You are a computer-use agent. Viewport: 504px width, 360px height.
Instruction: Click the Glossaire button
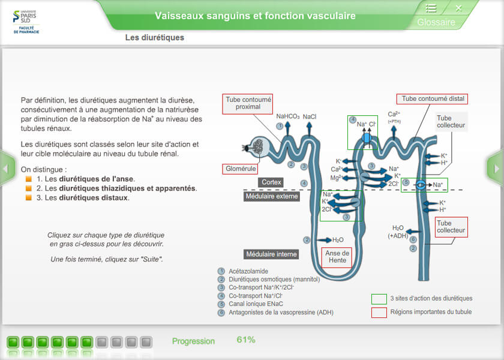pyautogui.click(x=436, y=22)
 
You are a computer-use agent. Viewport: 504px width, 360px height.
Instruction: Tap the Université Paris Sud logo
pyautogui.click(x=26, y=22)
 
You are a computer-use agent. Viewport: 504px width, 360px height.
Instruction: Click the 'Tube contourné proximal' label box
pyautogui.click(x=248, y=104)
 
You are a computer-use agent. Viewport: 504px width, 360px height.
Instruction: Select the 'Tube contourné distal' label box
pyautogui.click(x=433, y=99)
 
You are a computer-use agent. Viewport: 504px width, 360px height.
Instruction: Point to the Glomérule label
pyautogui.click(x=240, y=169)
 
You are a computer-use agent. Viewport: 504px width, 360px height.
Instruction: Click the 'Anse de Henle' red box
pyautogui.click(x=337, y=257)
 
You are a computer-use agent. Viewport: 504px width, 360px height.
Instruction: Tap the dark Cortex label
pyautogui.click(x=271, y=182)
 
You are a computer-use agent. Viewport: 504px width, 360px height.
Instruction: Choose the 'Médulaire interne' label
pyautogui.click(x=271, y=254)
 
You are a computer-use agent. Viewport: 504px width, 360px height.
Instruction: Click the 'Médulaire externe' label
pyautogui.click(x=272, y=196)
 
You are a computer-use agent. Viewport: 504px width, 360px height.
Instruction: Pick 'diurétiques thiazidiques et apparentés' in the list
pyautogui.click(x=127, y=188)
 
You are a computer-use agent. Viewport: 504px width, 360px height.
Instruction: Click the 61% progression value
pyautogui.click(x=246, y=340)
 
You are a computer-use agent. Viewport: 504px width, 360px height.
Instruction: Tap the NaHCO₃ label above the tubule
pyautogui.click(x=287, y=116)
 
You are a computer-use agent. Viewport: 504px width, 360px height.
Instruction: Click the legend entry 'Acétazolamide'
pyautogui.click(x=248, y=271)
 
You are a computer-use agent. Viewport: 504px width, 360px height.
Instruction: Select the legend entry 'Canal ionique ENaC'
pyautogui.click(x=256, y=304)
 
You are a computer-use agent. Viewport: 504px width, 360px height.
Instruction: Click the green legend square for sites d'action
pyautogui.click(x=379, y=299)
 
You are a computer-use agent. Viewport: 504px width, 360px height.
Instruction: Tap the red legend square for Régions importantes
pyautogui.click(x=379, y=313)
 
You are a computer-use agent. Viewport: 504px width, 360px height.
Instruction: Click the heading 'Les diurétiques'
pyautogui.click(x=155, y=38)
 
